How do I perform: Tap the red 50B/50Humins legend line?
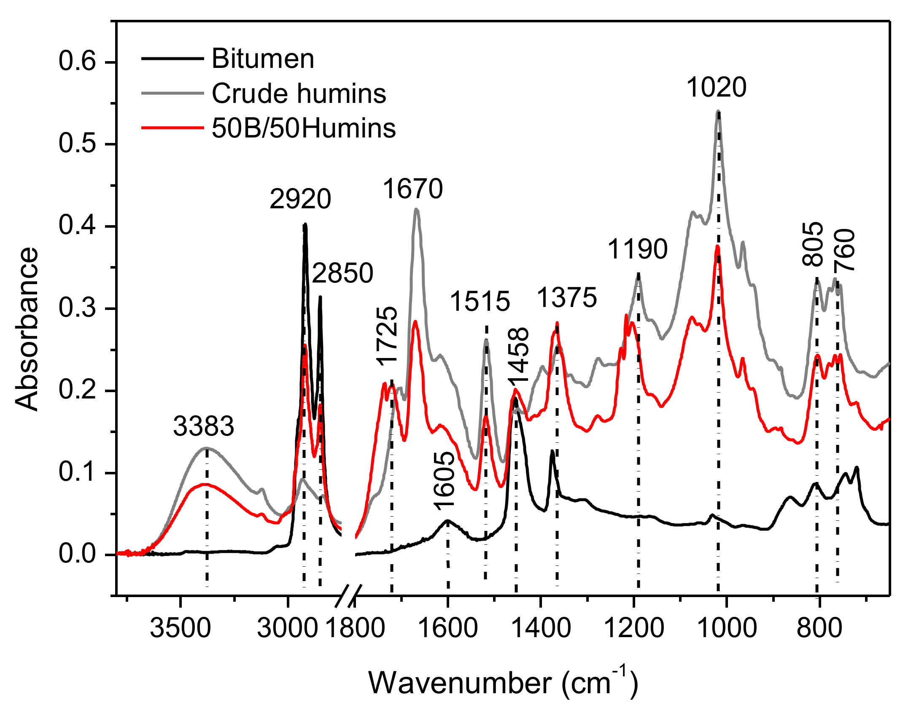[172, 128]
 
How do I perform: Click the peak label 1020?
[716, 88]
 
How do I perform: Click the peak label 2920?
[300, 199]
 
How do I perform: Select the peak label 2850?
[342, 273]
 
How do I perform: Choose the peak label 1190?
[637, 249]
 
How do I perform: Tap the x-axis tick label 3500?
[180, 628]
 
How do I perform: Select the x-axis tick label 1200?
[634, 628]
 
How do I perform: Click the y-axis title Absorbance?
[27, 329]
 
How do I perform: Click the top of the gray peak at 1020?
[718, 111]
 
